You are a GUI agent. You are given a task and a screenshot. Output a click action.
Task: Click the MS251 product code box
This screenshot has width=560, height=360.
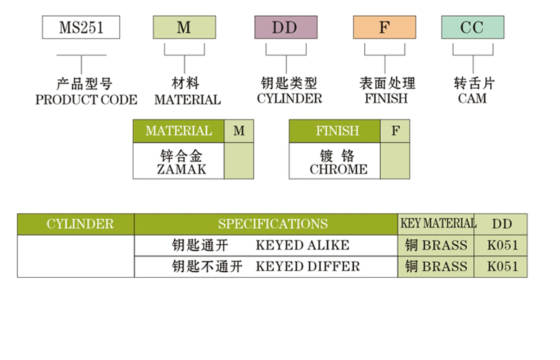pos(81,27)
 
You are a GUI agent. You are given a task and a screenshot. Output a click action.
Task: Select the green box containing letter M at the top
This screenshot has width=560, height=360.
pos(184,27)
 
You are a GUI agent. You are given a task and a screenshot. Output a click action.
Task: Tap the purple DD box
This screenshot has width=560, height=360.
pos(286,27)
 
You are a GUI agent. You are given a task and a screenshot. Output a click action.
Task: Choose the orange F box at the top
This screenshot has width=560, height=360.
pos(384,27)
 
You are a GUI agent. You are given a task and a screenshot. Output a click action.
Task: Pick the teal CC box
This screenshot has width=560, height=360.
pos(472,27)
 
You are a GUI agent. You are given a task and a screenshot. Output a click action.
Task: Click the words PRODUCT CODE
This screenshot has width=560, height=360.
pos(86,100)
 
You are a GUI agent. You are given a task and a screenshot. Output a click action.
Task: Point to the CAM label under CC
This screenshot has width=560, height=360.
pos(472,99)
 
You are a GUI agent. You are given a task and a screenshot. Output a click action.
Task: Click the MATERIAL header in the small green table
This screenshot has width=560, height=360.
pos(179,131)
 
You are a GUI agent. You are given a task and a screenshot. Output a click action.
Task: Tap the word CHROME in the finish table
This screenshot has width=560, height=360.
pos(338,170)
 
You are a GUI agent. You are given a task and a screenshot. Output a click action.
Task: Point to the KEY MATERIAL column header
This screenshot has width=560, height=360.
pos(438,223)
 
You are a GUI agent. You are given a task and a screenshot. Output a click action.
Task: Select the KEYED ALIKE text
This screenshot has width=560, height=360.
pos(302,245)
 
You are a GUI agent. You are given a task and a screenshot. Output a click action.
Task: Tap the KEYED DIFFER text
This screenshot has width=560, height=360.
pos(307,266)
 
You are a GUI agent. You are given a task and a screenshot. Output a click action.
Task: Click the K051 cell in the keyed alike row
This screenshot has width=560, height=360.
pos(502,245)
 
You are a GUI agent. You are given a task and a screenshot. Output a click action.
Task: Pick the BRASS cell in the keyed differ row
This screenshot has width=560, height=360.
pos(436,266)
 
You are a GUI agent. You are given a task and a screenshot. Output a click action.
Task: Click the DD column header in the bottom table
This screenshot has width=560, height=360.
pos(502,224)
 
